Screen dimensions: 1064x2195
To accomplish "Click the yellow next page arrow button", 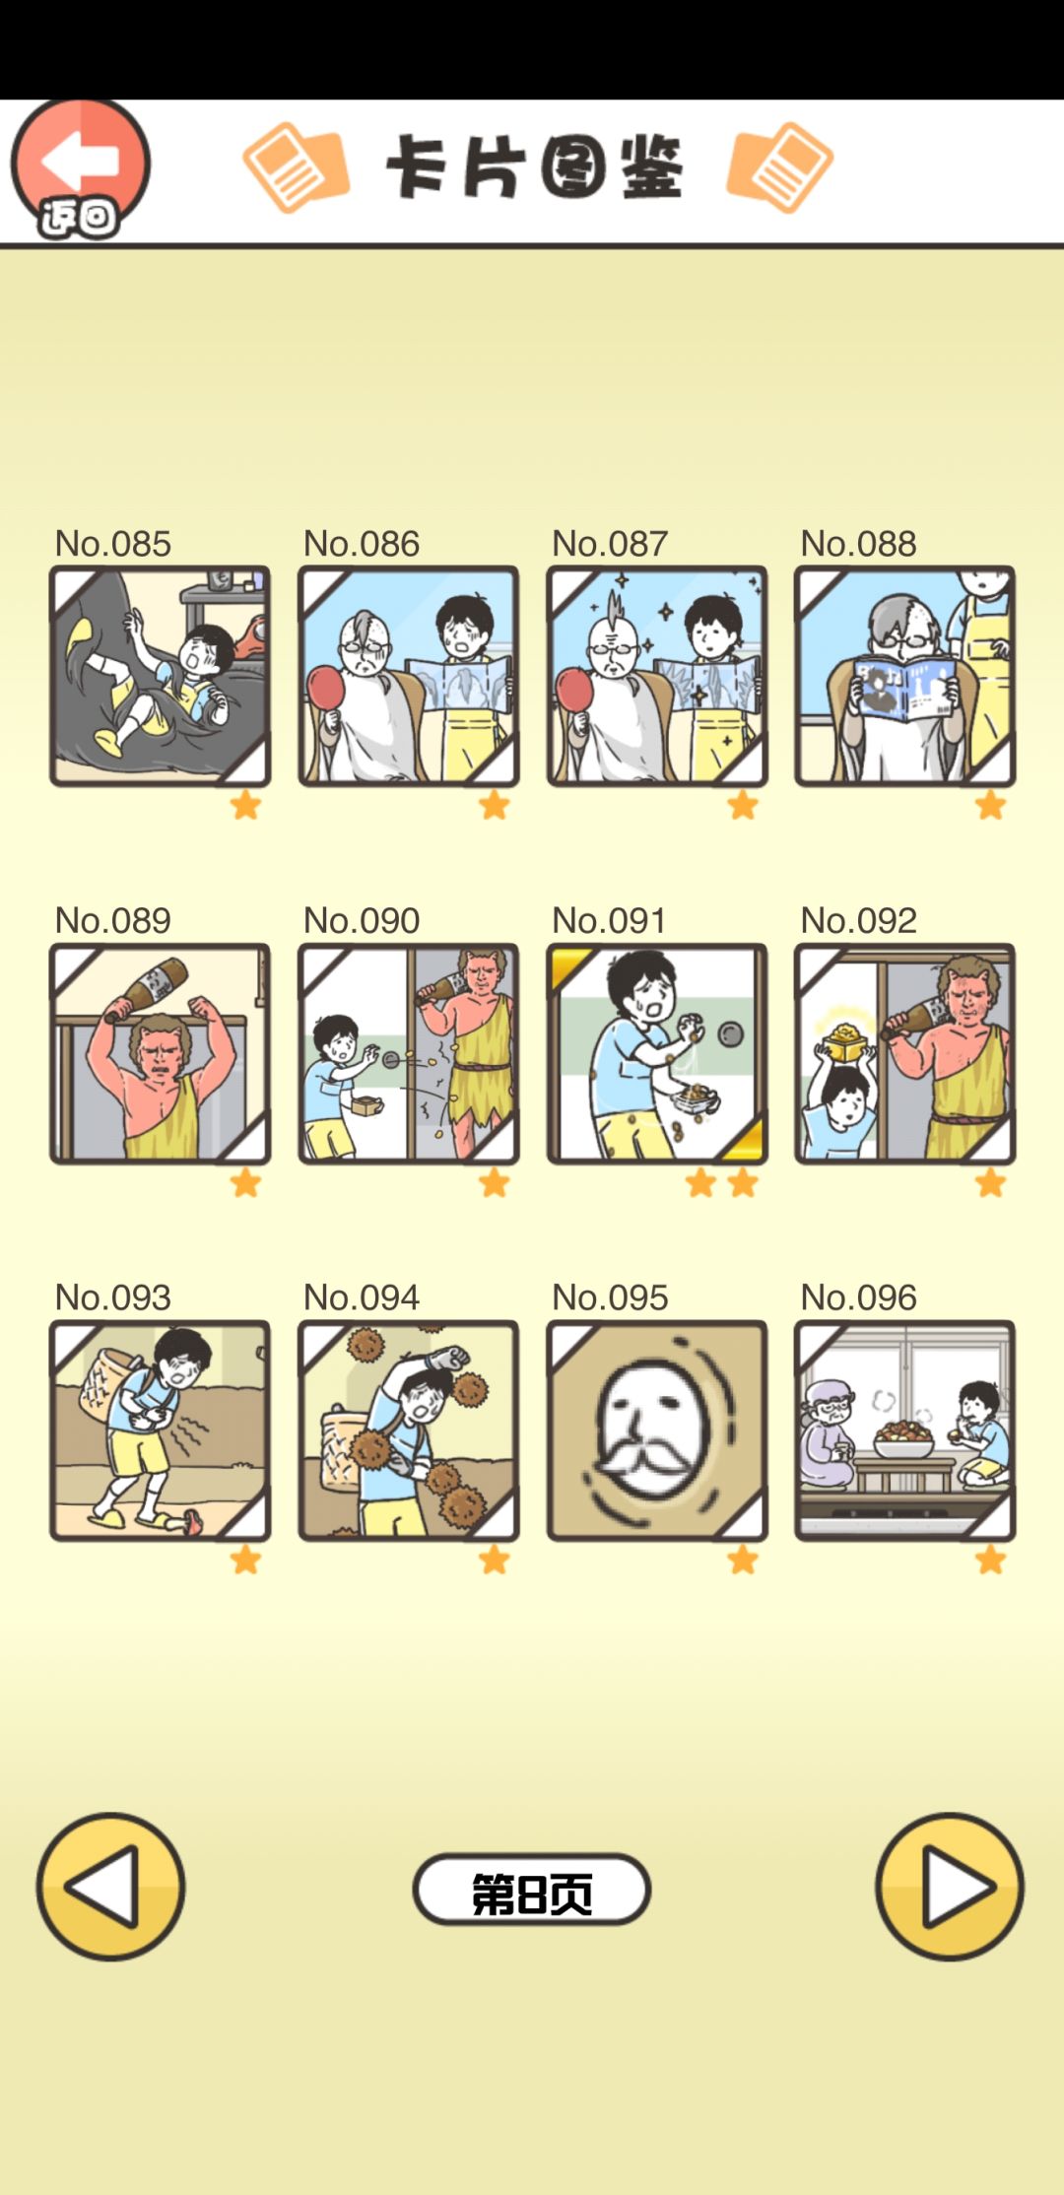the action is [950, 1887].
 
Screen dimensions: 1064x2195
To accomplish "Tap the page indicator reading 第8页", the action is [532, 1890].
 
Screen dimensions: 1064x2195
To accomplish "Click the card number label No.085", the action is [112, 543].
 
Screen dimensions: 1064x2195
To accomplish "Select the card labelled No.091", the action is [657, 1053].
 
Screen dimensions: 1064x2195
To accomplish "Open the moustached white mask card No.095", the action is [657, 1430].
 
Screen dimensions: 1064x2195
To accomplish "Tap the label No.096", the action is [858, 1297].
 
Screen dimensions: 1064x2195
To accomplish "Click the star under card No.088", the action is [990, 806].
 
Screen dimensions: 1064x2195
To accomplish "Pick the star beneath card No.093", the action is [245, 1560].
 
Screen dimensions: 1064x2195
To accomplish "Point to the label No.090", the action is [361, 920].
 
